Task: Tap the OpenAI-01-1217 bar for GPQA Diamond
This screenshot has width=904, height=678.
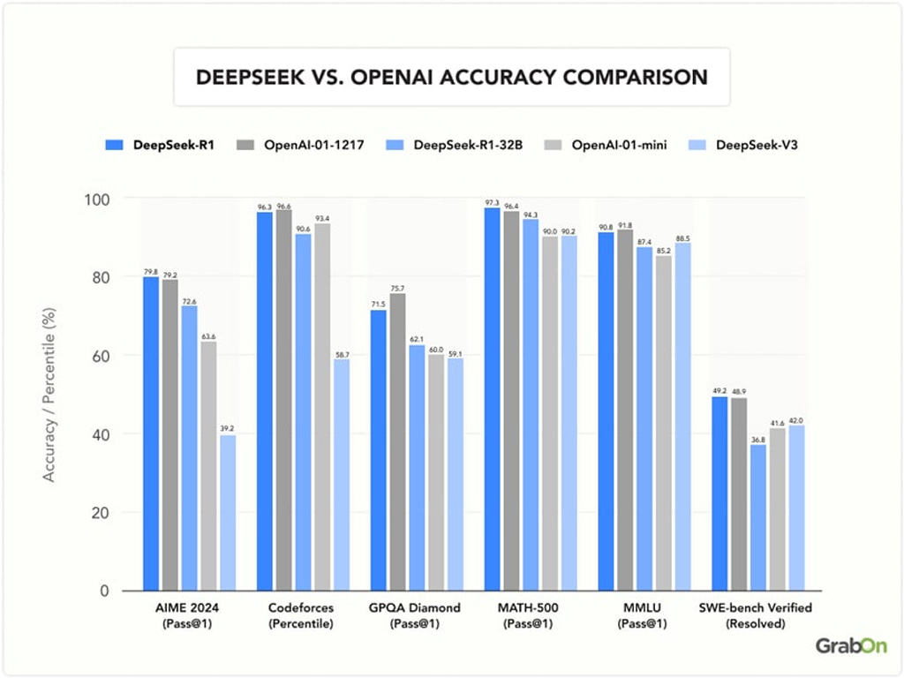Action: (x=398, y=441)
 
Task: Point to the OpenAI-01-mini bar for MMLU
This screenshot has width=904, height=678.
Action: (x=664, y=424)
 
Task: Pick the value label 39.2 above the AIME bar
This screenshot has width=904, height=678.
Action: (x=228, y=429)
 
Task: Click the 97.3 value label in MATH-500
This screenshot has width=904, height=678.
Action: (x=492, y=202)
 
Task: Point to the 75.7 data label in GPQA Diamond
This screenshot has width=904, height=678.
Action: (x=397, y=288)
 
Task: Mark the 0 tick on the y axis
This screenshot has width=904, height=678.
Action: (x=106, y=591)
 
